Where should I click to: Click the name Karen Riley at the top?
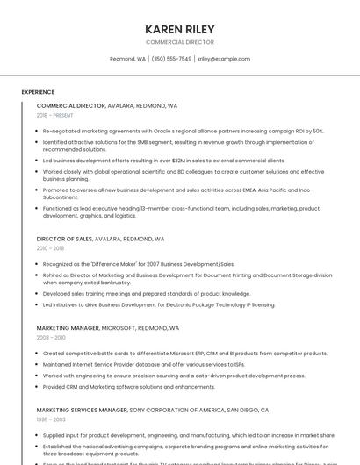(179, 29)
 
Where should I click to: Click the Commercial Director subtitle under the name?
(179, 42)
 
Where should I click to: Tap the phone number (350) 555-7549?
(171, 59)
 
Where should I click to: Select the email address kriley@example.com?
(223, 59)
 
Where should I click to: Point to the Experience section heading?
(38, 92)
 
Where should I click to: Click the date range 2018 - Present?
(55, 115)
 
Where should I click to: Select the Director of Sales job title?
(64, 239)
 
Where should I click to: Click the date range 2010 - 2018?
(51, 248)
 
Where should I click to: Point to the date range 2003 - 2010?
(51, 338)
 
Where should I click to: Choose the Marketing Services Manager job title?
(81, 410)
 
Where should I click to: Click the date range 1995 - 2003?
(51, 419)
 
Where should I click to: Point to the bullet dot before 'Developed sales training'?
(38, 294)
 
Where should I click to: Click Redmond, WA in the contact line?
(127, 59)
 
